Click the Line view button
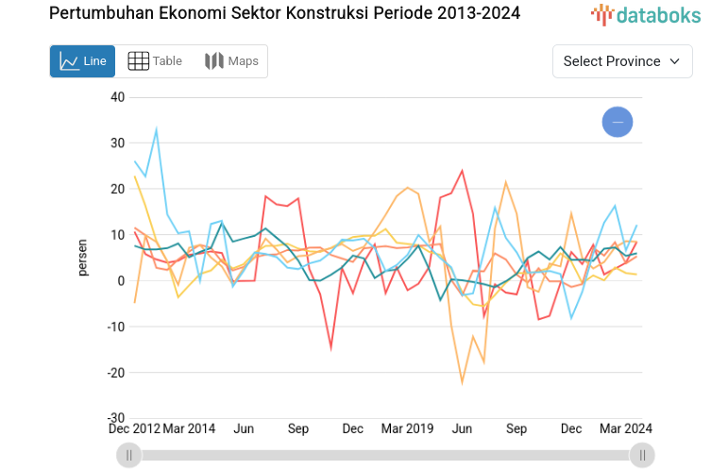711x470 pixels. tap(82, 61)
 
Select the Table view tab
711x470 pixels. tap(155, 61)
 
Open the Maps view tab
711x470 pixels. tap(231, 61)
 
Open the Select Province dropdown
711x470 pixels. tap(621, 61)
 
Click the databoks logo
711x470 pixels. tap(642, 14)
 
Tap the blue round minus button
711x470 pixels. tap(618, 123)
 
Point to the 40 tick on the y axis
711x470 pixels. tap(117, 97)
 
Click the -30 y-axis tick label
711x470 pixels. tap(114, 418)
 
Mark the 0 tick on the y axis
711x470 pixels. tap(121, 280)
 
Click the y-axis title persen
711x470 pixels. tap(83, 257)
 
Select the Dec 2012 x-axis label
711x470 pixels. tap(133, 428)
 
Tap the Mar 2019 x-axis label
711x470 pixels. tap(407, 428)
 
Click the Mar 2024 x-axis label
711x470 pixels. tap(626, 428)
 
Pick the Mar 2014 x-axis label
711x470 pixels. tap(189, 428)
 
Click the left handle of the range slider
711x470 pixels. tap(129, 456)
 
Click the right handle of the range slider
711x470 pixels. tap(642, 456)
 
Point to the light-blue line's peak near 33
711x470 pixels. tap(156, 129)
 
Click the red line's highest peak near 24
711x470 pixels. tap(463, 171)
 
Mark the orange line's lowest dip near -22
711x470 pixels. tap(463, 382)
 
